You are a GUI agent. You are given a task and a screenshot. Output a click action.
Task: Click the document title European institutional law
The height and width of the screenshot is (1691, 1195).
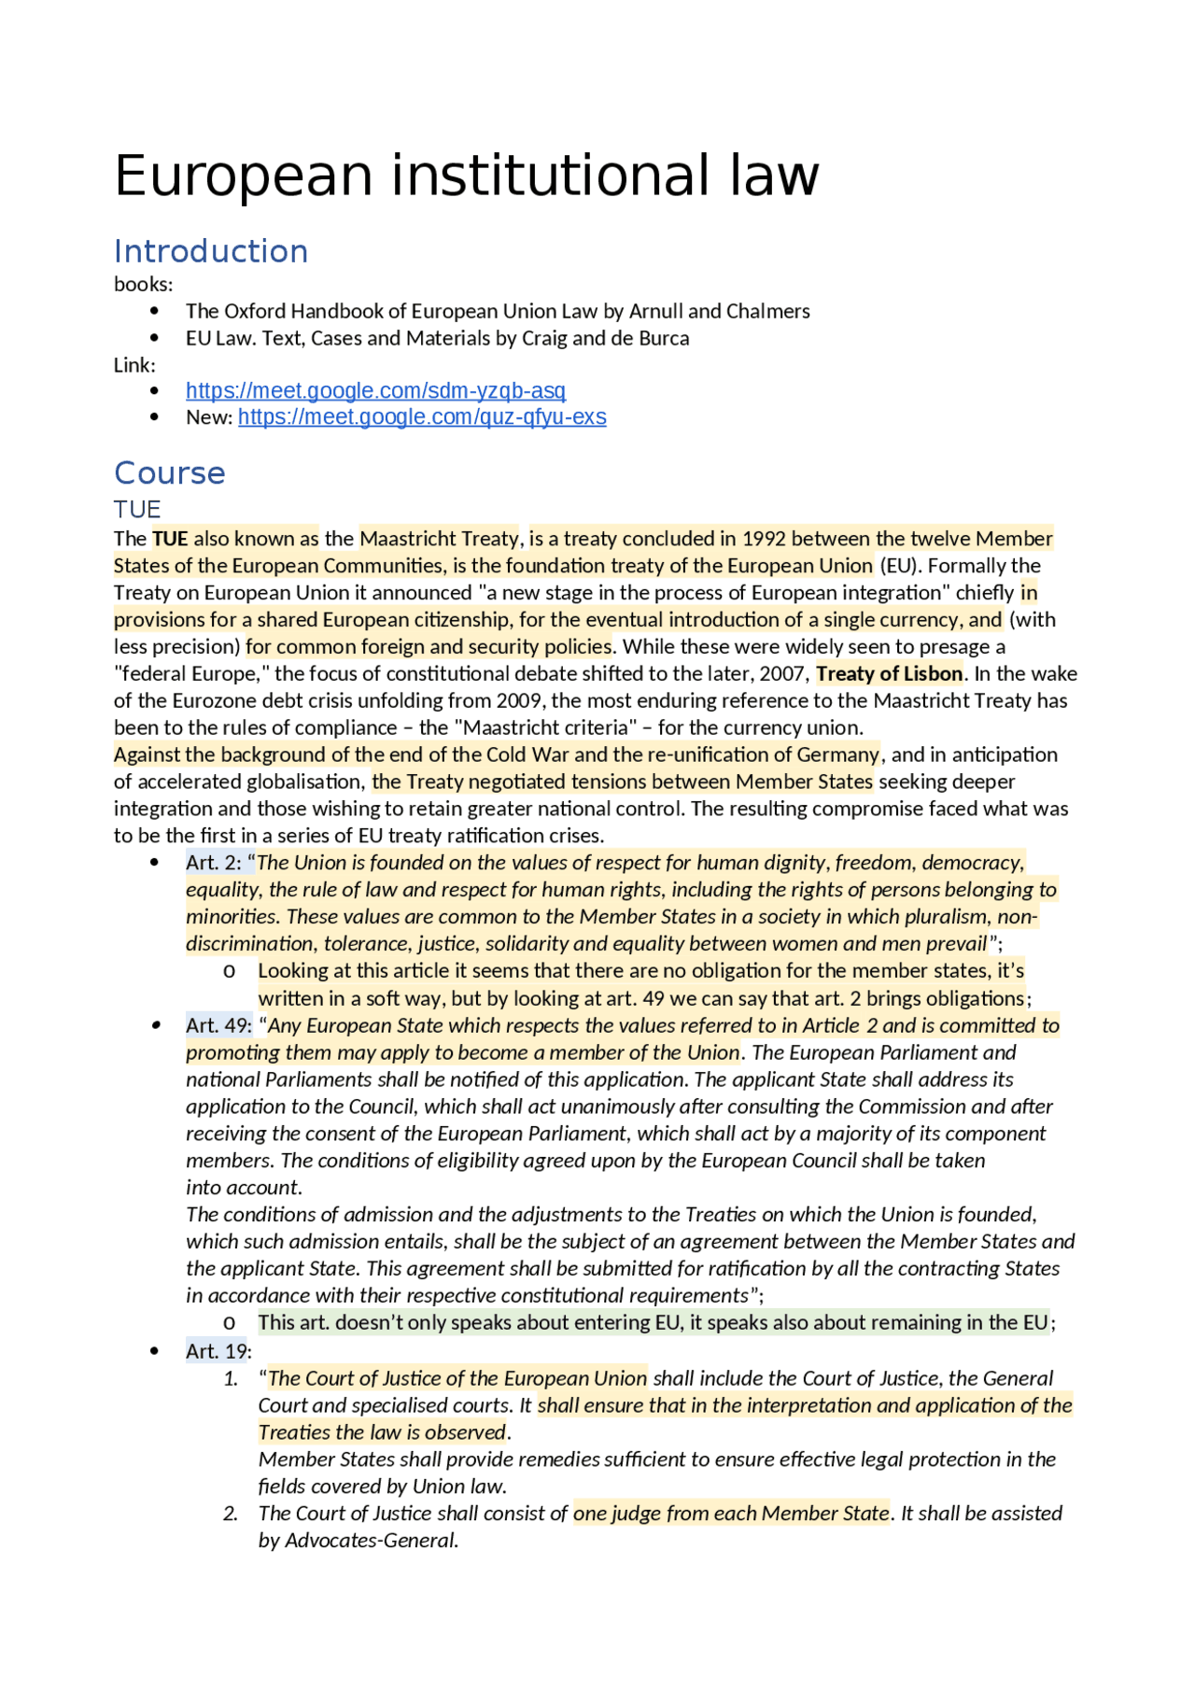pyautogui.click(x=466, y=176)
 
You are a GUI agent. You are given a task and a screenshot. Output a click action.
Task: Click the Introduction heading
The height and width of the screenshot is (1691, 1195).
pyautogui.click(x=210, y=251)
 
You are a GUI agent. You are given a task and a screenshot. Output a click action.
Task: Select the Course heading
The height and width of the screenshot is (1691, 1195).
pyautogui.click(x=169, y=472)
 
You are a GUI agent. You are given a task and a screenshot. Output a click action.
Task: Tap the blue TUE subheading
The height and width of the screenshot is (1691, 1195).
pyautogui.click(x=137, y=509)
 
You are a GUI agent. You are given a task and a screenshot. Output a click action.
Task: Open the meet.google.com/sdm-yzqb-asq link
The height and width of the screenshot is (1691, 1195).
pyautogui.click(x=375, y=390)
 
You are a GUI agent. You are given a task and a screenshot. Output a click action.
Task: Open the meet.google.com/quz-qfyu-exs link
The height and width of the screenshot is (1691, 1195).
pyautogui.click(x=422, y=416)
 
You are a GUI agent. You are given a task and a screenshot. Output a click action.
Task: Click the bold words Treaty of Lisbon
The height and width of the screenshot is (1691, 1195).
pyautogui.click(x=889, y=673)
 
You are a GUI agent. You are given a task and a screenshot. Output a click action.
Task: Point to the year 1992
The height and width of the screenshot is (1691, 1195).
pyautogui.click(x=763, y=539)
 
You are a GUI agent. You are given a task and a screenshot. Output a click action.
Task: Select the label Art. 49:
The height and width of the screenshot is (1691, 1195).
pyautogui.click(x=218, y=1025)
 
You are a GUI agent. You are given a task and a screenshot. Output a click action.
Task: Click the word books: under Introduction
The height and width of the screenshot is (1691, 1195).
pyautogui.click(x=143, y=284)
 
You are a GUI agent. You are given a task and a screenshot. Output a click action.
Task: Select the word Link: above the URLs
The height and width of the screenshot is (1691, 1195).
pyautogui.click(x=134, y=365)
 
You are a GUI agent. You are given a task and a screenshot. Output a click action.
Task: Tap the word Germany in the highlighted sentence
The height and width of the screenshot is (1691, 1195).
pyautogui.click(x=837, y=754)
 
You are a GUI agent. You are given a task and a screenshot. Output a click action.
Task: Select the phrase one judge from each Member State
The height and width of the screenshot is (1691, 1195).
pyautogui.click(x=730, y=1513)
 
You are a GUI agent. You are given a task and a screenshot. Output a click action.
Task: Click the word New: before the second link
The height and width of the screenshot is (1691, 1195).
pyautogui.click(x=208, y=417)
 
